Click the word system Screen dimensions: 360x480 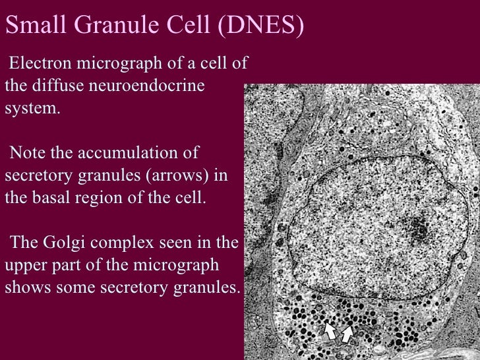32,109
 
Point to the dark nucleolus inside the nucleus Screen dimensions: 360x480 417,228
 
